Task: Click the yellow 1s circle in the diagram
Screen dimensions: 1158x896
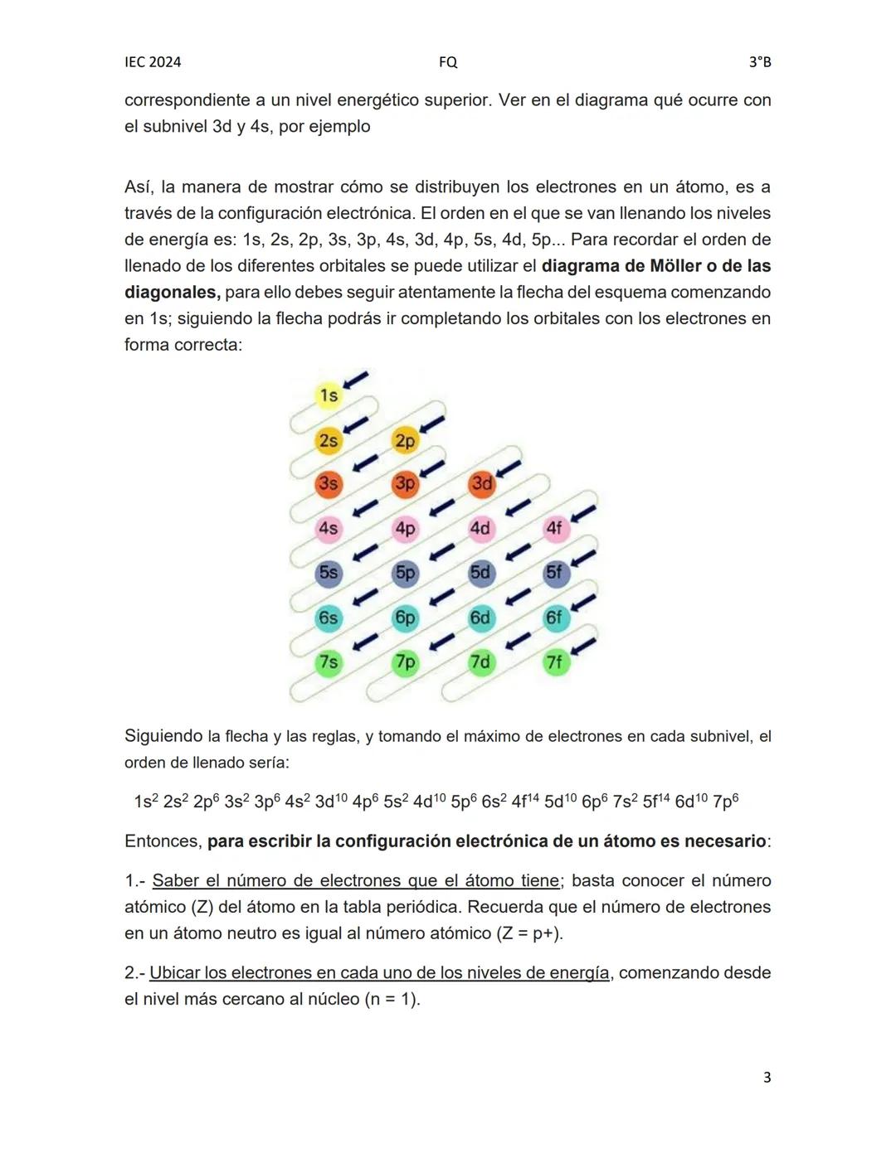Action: (x=329, y=395)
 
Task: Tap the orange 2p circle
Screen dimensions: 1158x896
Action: (x=405, y=440)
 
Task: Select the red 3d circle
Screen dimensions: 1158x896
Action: (x=481, y=483)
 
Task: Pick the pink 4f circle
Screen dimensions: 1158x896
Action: (x=555, y=528)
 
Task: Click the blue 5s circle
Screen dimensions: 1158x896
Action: (x=329, y=573)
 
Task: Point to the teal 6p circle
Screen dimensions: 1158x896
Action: (x=405, y=618)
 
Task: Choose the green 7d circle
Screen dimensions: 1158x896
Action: (x=480, y=662)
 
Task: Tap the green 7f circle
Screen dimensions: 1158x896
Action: (x=555, y=662)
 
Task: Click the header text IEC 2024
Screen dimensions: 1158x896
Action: (x=153, y=62)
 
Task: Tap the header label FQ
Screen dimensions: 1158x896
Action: (x=448, y=62)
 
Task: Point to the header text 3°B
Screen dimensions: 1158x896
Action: (x=760, y=62)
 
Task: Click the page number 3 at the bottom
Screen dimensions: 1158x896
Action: (x=767, y=1078)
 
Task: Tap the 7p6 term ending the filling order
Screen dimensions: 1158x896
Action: (x=725, y=802)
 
